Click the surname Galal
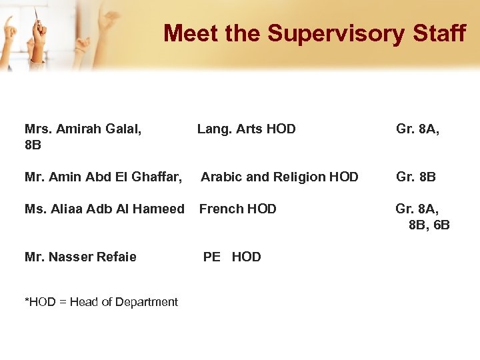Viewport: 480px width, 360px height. [x=127, y=129]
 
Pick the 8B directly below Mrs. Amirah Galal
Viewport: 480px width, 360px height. [x=33, y=145]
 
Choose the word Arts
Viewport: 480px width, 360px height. [x=249, y=129]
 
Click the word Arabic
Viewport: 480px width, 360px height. [x=221, y=177]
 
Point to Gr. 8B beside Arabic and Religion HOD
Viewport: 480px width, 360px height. [x=416, y=177]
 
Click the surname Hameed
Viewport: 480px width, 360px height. [x=161, y=209]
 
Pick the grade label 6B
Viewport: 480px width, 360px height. [x=442, y=225]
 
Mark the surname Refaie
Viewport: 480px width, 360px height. [x=117, y=257]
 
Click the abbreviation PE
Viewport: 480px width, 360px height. [x=211, y=257]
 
